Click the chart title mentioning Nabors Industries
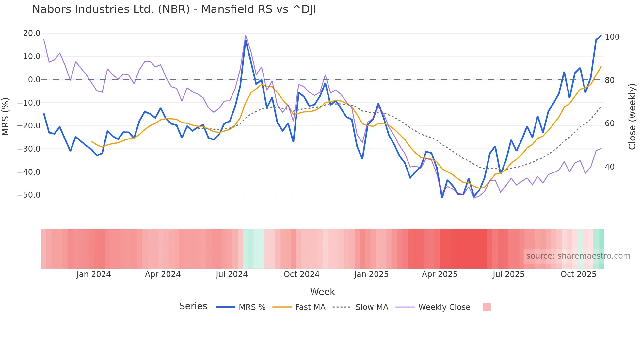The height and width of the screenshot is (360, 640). pyautogui.click(x=174, y=9)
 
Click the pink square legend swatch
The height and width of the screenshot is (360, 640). pyautogui.click(x=487, y=307)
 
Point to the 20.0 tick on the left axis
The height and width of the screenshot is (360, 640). pyautogui.click(x=32, y=33)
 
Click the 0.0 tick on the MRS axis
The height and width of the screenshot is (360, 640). pyautogui.click(x=34, y=80)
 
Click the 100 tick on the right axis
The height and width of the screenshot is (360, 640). pyautogui.click(x=612, y=37)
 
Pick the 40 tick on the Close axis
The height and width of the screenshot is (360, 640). pyautogui.click(x=609, y=167)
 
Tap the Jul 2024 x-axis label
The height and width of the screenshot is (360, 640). pyautogui.click(x=232, y=274)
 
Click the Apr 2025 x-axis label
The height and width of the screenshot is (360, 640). pyautogui.click(x=440, y=274)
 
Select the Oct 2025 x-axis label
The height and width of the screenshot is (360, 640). pyautogui.click(x=578, y=274)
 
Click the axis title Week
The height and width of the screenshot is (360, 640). pyautogui.click(x=322, y=292)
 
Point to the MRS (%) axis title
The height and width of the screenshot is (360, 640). pyautogui.click(x=6, y=116)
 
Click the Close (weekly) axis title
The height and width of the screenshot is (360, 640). pyautogui.click(x=632, y=116)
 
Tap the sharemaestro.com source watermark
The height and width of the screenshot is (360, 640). pyautogui.click(x=578, y=256)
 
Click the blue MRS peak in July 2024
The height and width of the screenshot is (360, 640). pyautogui.click(x=246, y=41)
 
